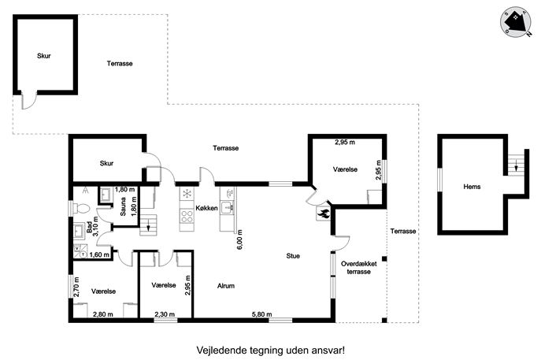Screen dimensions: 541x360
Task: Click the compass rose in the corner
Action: [x=516, y=21]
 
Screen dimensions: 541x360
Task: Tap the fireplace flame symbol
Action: [x=324, y=213]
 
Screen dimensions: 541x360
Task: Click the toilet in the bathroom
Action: [x=80, y=208]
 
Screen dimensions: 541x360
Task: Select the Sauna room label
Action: [x=123, y=206]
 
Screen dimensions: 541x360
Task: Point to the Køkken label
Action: [x=206, y=208]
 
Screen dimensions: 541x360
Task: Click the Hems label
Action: [x=472, y=187]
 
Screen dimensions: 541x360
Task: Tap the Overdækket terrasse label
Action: [x=359, y=268]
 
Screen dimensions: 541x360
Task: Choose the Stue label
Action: [x=293, y=256]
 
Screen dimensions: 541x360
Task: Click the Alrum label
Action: [x=226, y=286]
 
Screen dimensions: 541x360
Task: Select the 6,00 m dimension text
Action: [x=240, y=239]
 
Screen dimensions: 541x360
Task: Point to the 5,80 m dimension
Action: [x=262, y=314]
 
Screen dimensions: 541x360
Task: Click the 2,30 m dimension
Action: [x=165, y=314]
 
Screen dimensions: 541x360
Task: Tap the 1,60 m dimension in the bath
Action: [x=99, y=254]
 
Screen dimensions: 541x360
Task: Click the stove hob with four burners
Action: [x=187, y=217]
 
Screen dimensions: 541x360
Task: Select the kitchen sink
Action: [x=228, y=207]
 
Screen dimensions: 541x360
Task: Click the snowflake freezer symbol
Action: [x=187, y=193]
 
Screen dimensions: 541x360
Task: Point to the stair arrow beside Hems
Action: [x=516, y=166]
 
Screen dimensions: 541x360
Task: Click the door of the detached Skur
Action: [x=29, y=100]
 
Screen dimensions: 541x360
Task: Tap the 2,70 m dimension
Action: [x=76, y=287]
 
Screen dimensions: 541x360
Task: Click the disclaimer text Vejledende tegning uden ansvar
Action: [x=271, y=351]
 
